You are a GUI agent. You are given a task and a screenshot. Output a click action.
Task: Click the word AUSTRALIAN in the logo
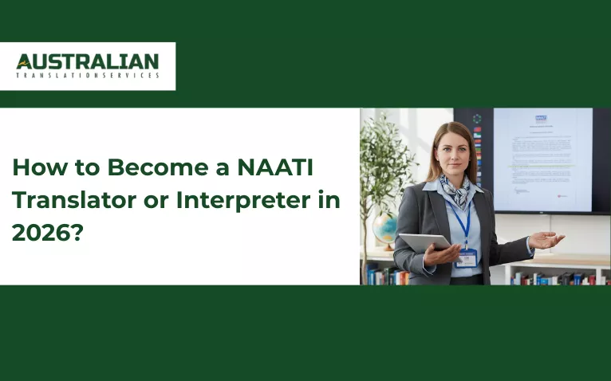point(88,61)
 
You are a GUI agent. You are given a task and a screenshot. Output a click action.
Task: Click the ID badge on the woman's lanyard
point(467,257)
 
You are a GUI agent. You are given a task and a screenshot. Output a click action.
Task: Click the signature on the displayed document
point(522,191)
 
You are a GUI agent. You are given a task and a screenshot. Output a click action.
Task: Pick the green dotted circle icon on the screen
point(477,119)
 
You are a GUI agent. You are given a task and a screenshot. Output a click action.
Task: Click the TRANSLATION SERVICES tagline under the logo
point(88,76)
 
